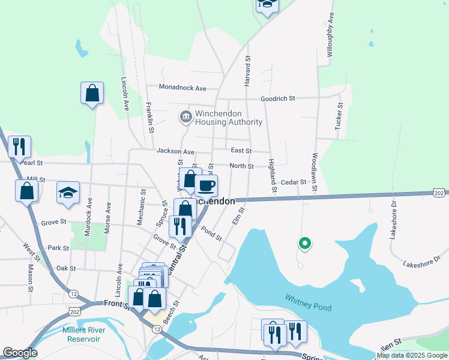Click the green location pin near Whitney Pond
pyautogui.click(x=305, y=243)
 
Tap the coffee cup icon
pyautogui.click(x=206, y=185)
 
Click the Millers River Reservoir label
pyautogui.click(x=83, y=335)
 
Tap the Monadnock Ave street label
pyautogui.click(x=182, y=88)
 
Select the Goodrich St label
pyautogui.click(x=278, y=98)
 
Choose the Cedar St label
pyautogui.click(x=294, y=182)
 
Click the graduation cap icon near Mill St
pyautogui.click(x=68, y=193)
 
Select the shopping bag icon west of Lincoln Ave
pyautogui.click(x=92, y=93)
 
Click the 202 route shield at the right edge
pyautogui.click(x=438, y=192)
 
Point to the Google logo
pyautogui.click(x=19, y=353)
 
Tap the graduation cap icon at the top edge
pyautogui.click(x=267, y=4)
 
